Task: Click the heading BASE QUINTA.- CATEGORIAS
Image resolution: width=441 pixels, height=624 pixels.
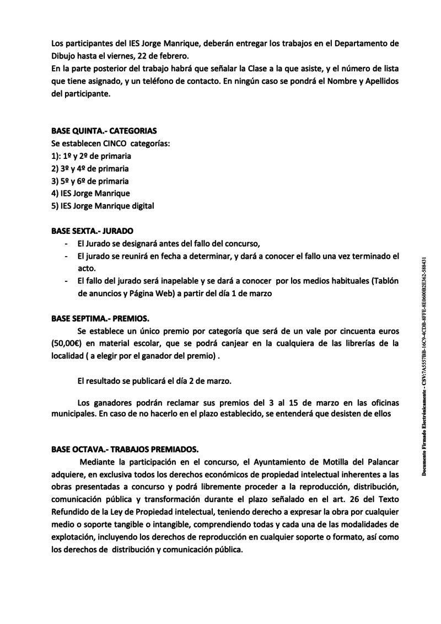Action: pos(104,131)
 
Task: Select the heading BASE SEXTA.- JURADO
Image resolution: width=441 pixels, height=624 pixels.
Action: pos(92,230)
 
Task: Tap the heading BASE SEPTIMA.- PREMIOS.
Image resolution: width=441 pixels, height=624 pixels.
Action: pos(100,318)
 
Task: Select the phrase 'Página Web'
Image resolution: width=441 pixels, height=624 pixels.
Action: pos(137,294)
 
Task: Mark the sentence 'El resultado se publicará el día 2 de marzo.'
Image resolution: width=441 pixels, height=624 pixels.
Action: pos(155,381)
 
